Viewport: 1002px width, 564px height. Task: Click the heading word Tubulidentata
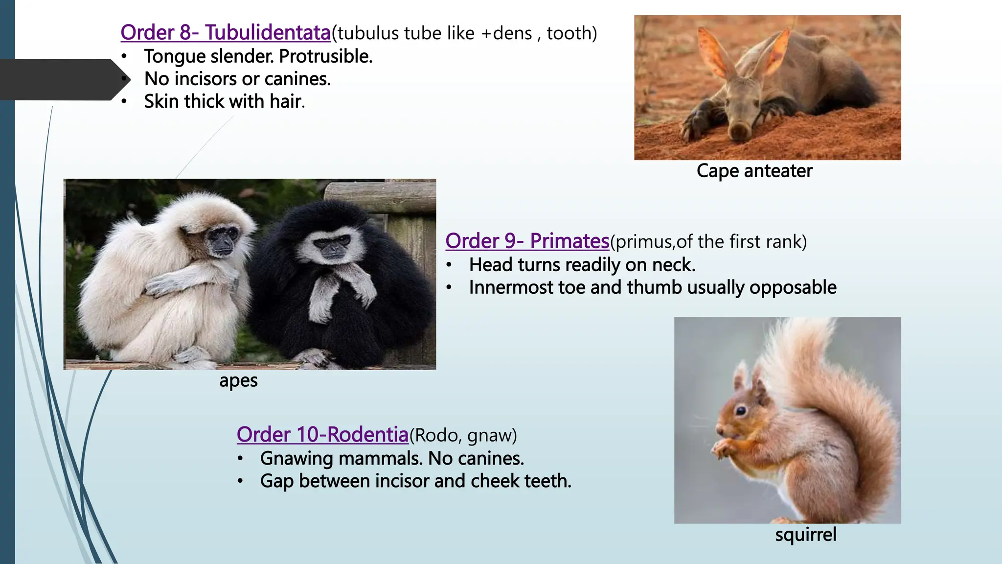click(268, 33)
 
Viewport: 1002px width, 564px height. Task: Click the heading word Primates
click(569, 241)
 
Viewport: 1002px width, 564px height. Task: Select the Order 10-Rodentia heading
click(322, 435)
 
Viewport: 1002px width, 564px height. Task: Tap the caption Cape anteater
click(754, 171)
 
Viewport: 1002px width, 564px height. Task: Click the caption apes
click(238, 380)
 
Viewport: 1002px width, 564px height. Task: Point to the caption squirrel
click(805, 534)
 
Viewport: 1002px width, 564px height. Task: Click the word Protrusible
click(325, 56)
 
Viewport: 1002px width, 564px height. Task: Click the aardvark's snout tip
click(739, 131)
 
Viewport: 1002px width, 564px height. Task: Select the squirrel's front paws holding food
click(724, 447)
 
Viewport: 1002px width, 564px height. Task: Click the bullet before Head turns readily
click(449, 265)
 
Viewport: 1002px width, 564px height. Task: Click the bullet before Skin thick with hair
click(124, 101)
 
